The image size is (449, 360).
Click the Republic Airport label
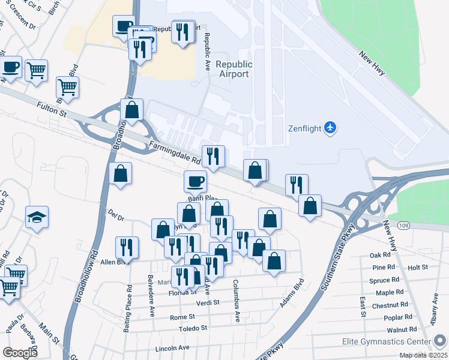[x=233, y=69]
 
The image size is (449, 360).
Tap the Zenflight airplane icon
[x=330, y=127]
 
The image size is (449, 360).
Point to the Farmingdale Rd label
[x=174, y=153]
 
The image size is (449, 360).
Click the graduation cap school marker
[x=37, y=217]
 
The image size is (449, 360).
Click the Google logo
[x=20, y=353]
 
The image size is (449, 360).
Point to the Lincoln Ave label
[x=172, y=348]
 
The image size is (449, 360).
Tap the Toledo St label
[x=193, y=329]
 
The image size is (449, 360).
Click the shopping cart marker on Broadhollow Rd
[x=67, y=87]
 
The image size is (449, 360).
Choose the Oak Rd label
[x=380, y=255]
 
